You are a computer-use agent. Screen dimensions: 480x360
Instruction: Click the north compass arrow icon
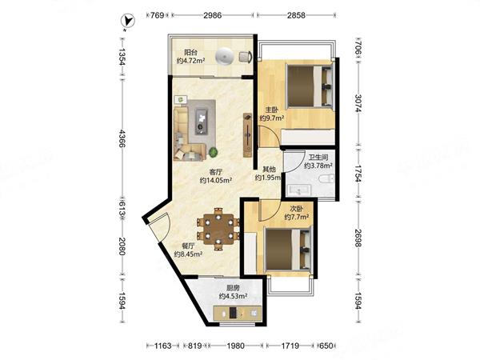[x=127, y=21]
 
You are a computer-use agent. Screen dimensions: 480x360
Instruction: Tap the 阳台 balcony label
[x=190, y=52]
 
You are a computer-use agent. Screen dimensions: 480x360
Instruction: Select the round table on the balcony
[x=225, y=57]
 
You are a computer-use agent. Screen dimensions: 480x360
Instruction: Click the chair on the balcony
[x=246, y=57]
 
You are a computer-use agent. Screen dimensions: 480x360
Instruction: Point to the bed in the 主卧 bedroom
[x=309, y=86]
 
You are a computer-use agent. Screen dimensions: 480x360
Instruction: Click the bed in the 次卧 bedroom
[x=288, y=249]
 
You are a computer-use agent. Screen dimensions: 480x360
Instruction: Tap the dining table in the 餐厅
[x=218, y=228]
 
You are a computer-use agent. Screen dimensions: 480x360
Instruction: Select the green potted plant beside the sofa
[x=214, y=152]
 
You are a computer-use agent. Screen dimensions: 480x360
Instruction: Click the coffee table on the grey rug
[x=201, y=122]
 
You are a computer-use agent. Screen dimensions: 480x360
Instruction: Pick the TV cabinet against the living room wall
[x=248, y=134]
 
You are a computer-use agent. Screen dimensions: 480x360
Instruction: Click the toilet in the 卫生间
[x=326, y=179]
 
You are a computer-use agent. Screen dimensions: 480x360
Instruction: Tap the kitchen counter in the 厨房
[x=238, y=313]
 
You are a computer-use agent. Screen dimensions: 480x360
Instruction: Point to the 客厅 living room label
[x=215, y=172]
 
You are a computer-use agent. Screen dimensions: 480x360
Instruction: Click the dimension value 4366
[x=122, y=138]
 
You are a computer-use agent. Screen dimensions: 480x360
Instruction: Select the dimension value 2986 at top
[x=213, y=15]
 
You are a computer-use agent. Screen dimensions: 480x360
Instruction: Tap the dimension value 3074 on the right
[x=358, y=103]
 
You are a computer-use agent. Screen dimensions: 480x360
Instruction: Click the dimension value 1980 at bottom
[x=235, y=346]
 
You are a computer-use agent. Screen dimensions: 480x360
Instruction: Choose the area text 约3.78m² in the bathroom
[x=318, y=166]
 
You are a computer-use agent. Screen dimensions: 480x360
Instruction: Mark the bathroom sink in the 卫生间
[x=298, y=190]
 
